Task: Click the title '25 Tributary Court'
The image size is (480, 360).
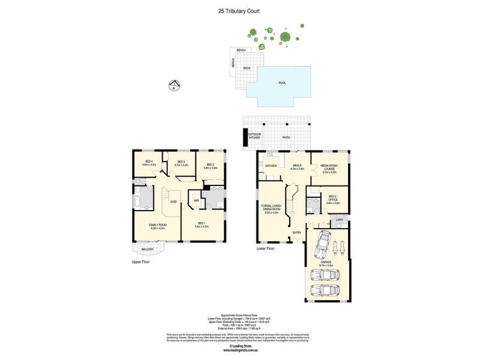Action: click(240, 11)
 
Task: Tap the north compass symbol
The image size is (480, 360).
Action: click(173, 85)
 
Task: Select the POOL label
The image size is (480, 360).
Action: click(283, 83)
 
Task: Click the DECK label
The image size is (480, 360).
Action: click(247, 68)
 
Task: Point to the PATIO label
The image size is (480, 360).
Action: click(286, 137)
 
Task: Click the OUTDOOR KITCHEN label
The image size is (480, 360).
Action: click(255, 136)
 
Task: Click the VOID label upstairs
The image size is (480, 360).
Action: click(173, 202)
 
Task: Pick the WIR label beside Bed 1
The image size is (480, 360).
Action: click(196, 200)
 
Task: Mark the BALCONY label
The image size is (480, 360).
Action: click(147, 249)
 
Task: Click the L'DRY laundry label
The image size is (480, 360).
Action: click(340, 220)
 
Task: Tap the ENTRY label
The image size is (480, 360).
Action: click(296, 232)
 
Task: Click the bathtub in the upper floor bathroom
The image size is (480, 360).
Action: click(137, 199)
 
